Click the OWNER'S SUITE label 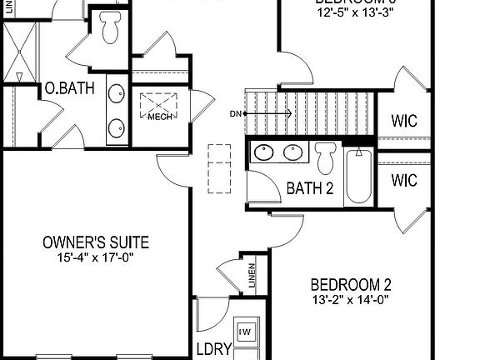[96, 242]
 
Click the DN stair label [235, 113]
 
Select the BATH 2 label [309, 188]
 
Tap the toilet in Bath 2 [324, 157]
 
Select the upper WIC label [404, 120]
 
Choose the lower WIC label [404, 180]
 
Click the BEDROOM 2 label [351, 284]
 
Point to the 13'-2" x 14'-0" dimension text [351, 299]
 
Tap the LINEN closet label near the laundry [252, 277]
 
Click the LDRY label [212, 349]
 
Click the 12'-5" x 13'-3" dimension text [351, 15]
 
